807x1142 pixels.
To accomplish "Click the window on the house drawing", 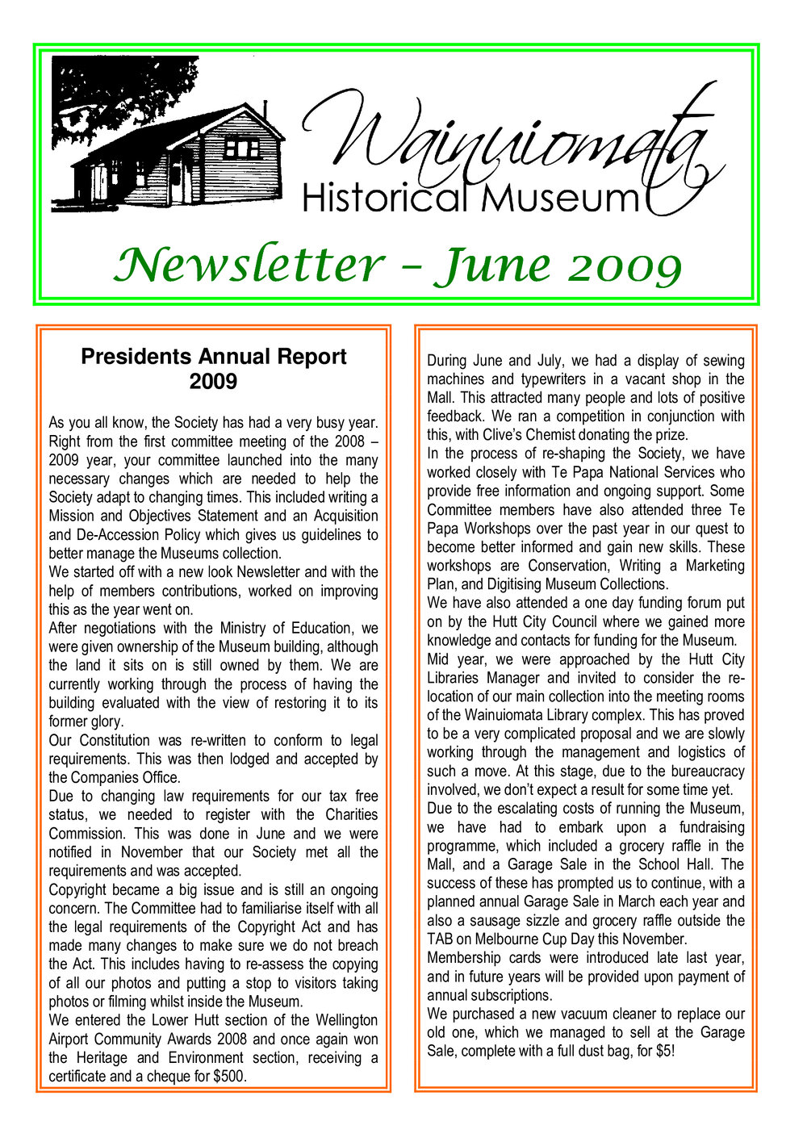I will (241, 148).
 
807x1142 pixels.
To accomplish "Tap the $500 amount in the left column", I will (228, 1076).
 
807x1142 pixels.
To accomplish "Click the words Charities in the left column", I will (351, 814).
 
